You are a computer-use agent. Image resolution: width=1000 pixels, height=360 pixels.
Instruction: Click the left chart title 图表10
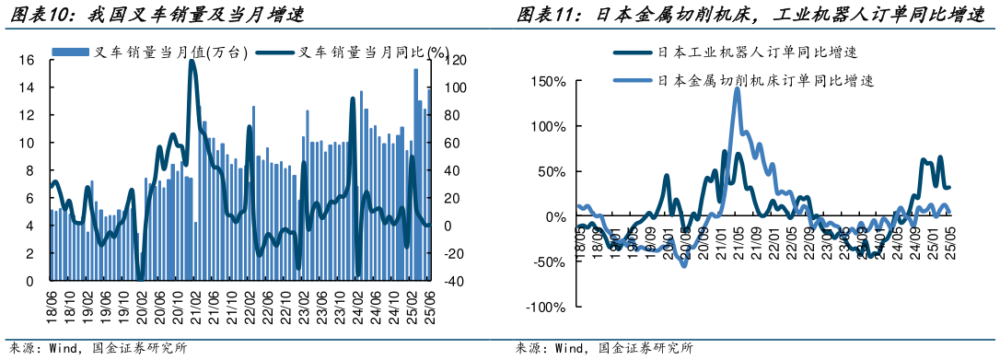tap(157, 15)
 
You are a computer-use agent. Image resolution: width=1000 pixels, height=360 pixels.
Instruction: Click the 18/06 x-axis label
tap(52, 300)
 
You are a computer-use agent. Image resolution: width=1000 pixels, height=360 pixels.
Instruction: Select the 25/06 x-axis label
tap(428, 300)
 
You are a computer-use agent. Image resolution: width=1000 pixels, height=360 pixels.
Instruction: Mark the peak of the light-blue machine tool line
tap(738, 89)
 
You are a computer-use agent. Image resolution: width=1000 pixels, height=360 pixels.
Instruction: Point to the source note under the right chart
tap(603, 350)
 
